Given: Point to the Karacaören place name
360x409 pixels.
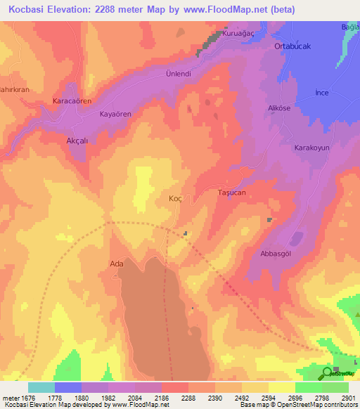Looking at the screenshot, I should click(72, 101).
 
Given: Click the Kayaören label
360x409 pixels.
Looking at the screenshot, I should click(115, 113).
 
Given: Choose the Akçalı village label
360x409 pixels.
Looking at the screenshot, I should click(77, 141).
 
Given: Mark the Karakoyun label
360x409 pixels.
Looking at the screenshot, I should click(312, 148).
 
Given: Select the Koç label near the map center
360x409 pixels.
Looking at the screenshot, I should click(176, 199).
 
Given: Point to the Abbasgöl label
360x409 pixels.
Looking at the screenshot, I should click(276, 254).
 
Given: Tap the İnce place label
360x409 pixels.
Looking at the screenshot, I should click(322, 93).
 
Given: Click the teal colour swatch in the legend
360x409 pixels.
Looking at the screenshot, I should click(41, 387).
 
